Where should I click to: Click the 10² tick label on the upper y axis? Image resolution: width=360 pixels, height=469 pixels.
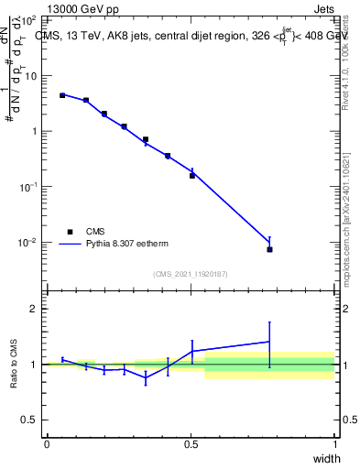(27, 19)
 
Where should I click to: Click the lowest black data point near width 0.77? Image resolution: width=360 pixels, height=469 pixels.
(269, 249)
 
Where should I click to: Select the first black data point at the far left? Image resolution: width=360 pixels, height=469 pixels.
(61, 95)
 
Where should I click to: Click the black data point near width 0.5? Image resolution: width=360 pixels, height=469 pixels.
(192, 175)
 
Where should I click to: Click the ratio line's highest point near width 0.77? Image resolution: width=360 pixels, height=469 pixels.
(269, 342)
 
